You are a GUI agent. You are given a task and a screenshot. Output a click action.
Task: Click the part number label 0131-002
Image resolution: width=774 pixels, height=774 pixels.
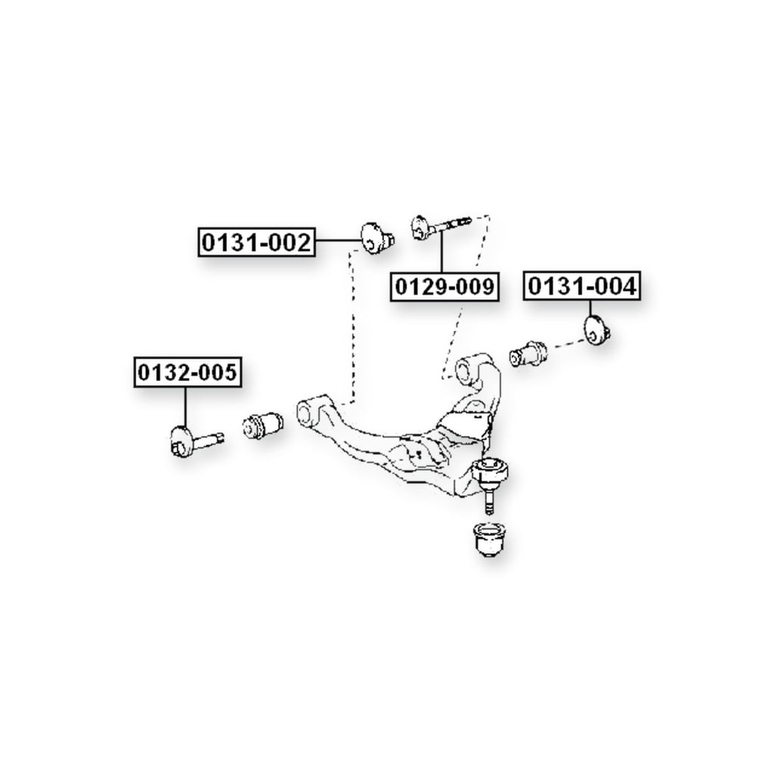256,243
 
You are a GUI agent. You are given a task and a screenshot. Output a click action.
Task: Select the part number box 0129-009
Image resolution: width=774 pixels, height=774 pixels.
444,286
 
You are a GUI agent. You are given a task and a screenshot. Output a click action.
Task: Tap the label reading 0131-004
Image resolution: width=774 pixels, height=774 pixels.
582,286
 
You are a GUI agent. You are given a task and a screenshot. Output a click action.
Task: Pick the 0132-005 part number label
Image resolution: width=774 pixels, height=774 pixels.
187,372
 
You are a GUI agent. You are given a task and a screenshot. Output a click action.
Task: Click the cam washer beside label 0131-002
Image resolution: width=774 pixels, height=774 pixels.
377,238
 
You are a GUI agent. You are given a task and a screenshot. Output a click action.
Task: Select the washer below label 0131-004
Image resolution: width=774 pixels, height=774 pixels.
597,330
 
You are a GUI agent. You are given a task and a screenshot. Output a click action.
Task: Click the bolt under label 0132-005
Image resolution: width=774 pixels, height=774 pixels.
196,440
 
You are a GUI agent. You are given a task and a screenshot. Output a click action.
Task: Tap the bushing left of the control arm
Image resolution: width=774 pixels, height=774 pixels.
263,425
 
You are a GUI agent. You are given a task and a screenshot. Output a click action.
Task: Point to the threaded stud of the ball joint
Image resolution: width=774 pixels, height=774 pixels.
489,500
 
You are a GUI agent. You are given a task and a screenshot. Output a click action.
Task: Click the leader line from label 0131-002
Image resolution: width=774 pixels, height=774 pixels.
338,240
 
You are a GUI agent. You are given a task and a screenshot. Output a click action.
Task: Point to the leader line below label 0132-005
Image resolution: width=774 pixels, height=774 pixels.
186,407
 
